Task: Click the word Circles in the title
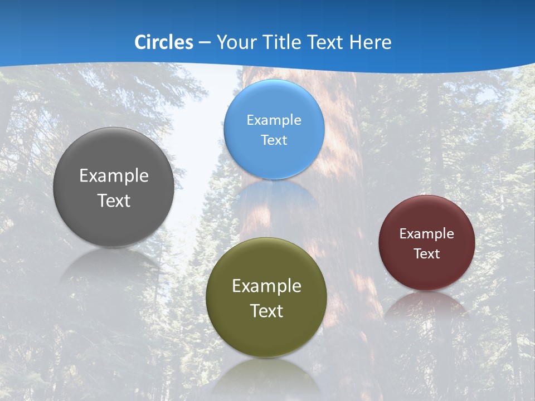tap(164, 42)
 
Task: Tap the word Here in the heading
tap(371, 42)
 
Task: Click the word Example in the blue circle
tap(274, 120)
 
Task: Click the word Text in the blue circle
tap(274, 140)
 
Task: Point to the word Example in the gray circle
tap(114, 176)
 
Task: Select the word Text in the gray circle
tap(114, 200)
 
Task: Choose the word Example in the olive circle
tap(266, 286)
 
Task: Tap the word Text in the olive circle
tap(266, 311)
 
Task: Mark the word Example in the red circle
tap(427, 233)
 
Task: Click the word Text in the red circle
tap(427, 253)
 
